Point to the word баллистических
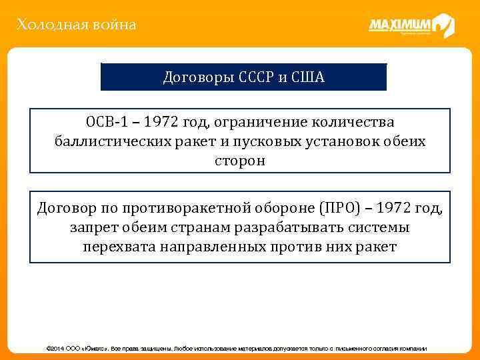coord(112,142)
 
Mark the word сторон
coord(240,161)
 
